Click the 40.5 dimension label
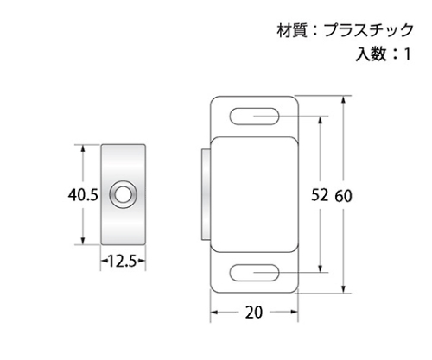tap(83, 195)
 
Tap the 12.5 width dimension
tap(123, 261)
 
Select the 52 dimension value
tap(320, 195)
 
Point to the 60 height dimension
tap(343, 196)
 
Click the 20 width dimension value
tap(254, 313)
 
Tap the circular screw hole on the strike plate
tap(123, 193)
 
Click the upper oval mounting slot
tap(255, 117)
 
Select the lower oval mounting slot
tap(255, 272)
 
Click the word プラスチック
tap(369, 30)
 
